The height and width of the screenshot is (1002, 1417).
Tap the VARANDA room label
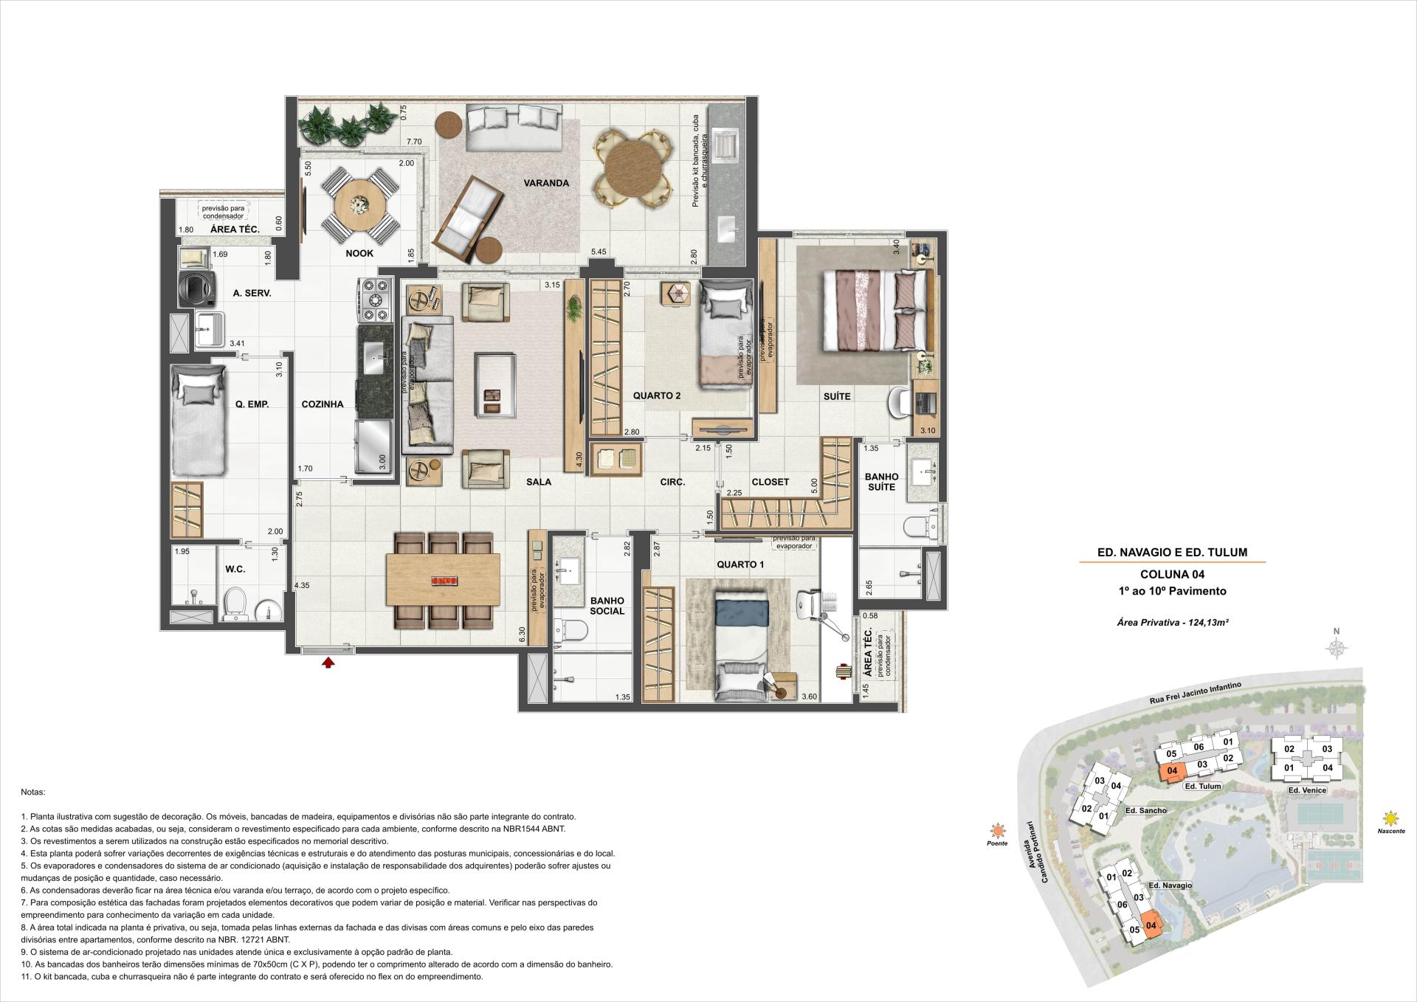point(547,183)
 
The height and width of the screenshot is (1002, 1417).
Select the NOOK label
point(359,254)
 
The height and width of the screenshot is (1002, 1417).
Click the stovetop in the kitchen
point(376,300)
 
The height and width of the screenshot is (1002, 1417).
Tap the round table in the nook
point(359,204)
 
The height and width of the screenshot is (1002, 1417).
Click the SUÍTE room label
point(837,396)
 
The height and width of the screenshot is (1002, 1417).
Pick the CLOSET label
point(770,482)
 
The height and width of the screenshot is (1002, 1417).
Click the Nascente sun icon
point(1391,818)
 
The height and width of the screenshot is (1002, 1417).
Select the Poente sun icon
point(998,831)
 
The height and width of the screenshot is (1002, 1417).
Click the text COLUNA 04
point(1173,574)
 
